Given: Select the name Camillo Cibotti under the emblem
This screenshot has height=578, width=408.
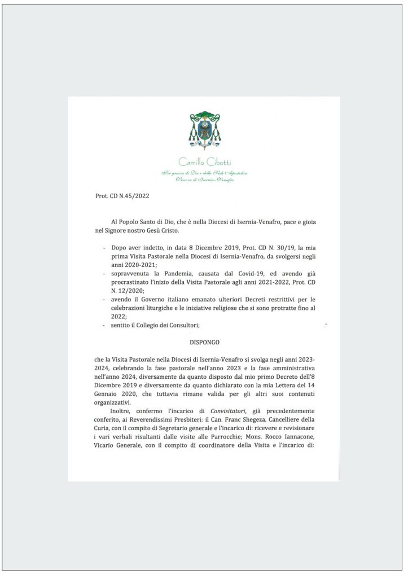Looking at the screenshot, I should click(x=204, y=163).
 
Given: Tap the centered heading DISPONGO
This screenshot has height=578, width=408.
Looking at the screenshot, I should click(x=204, y=342).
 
